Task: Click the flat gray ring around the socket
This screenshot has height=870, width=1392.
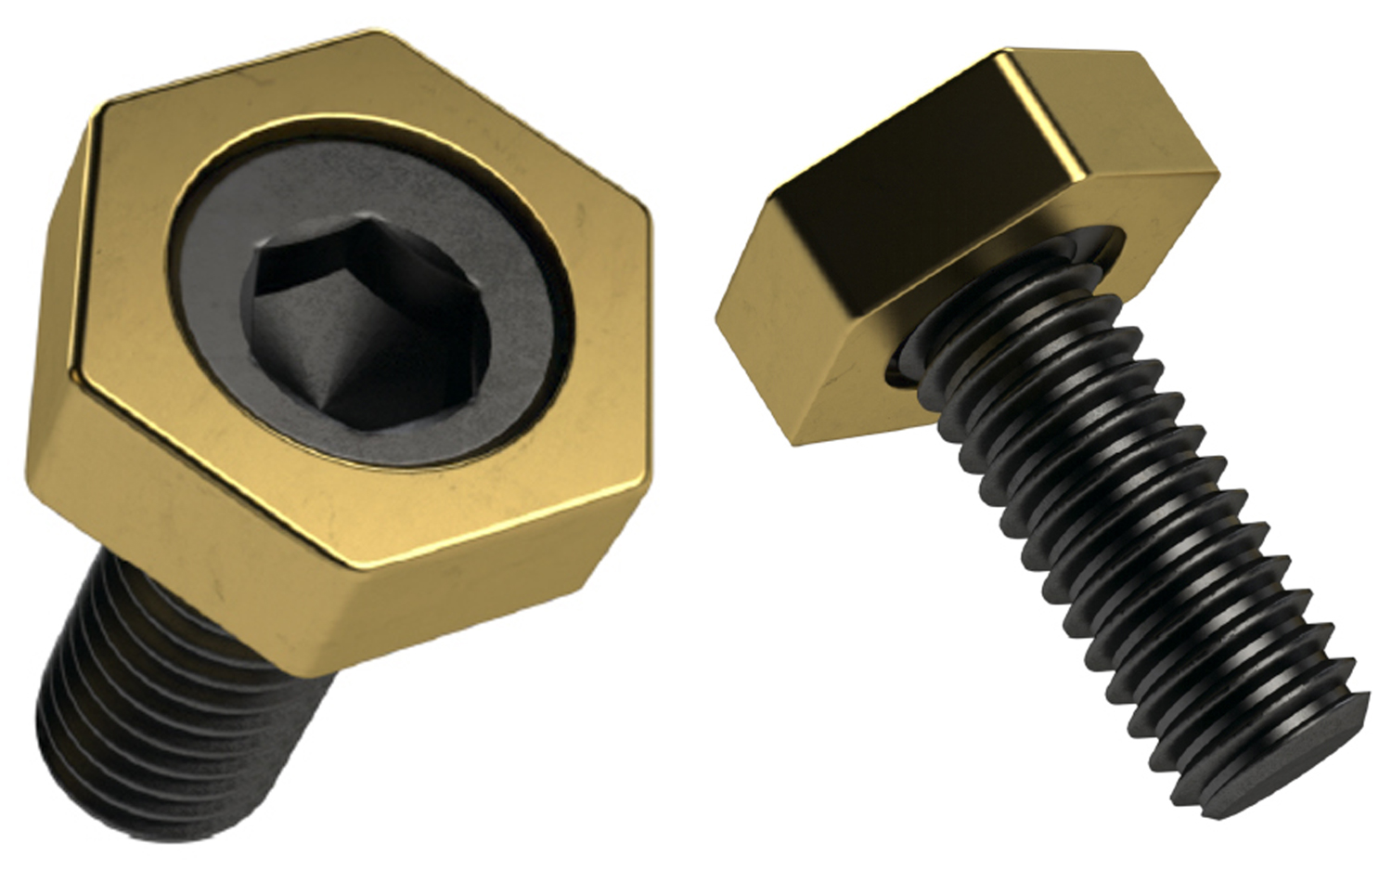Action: (501, 306)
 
